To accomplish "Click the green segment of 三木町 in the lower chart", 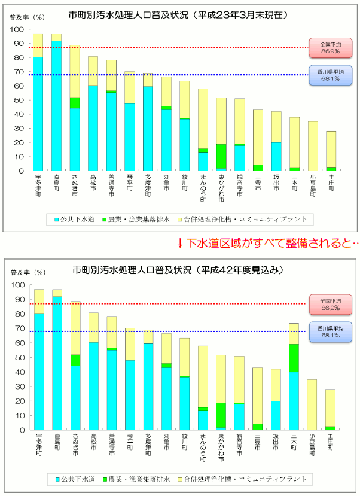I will point(294,358).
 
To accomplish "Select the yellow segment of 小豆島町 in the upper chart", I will point(313,146).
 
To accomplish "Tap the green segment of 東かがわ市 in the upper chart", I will point(221,157).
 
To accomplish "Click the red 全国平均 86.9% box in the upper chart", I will point(330,47).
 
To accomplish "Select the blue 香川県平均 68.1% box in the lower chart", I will point(330,331).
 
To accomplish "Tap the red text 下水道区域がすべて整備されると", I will point(269,243).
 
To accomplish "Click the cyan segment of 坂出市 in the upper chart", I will point(276,156).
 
